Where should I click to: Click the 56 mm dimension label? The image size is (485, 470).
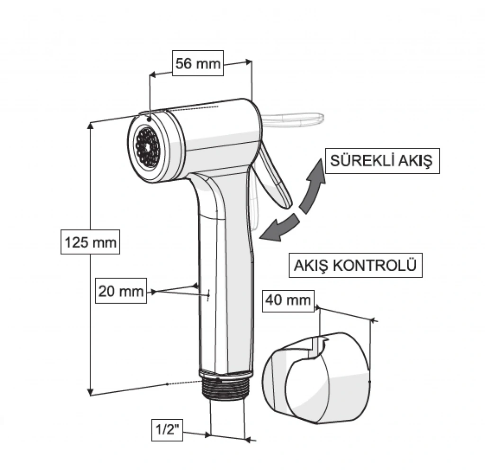(198, 64)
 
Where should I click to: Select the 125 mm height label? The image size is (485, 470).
(90, 242)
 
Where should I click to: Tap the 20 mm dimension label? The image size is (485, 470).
(121, 291)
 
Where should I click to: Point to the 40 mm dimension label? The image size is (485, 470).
(288, 300)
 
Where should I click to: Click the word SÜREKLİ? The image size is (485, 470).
(357, 161)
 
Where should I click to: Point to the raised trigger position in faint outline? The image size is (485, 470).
(294, 118)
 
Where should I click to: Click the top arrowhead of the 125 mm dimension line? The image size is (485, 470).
(91, 125)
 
